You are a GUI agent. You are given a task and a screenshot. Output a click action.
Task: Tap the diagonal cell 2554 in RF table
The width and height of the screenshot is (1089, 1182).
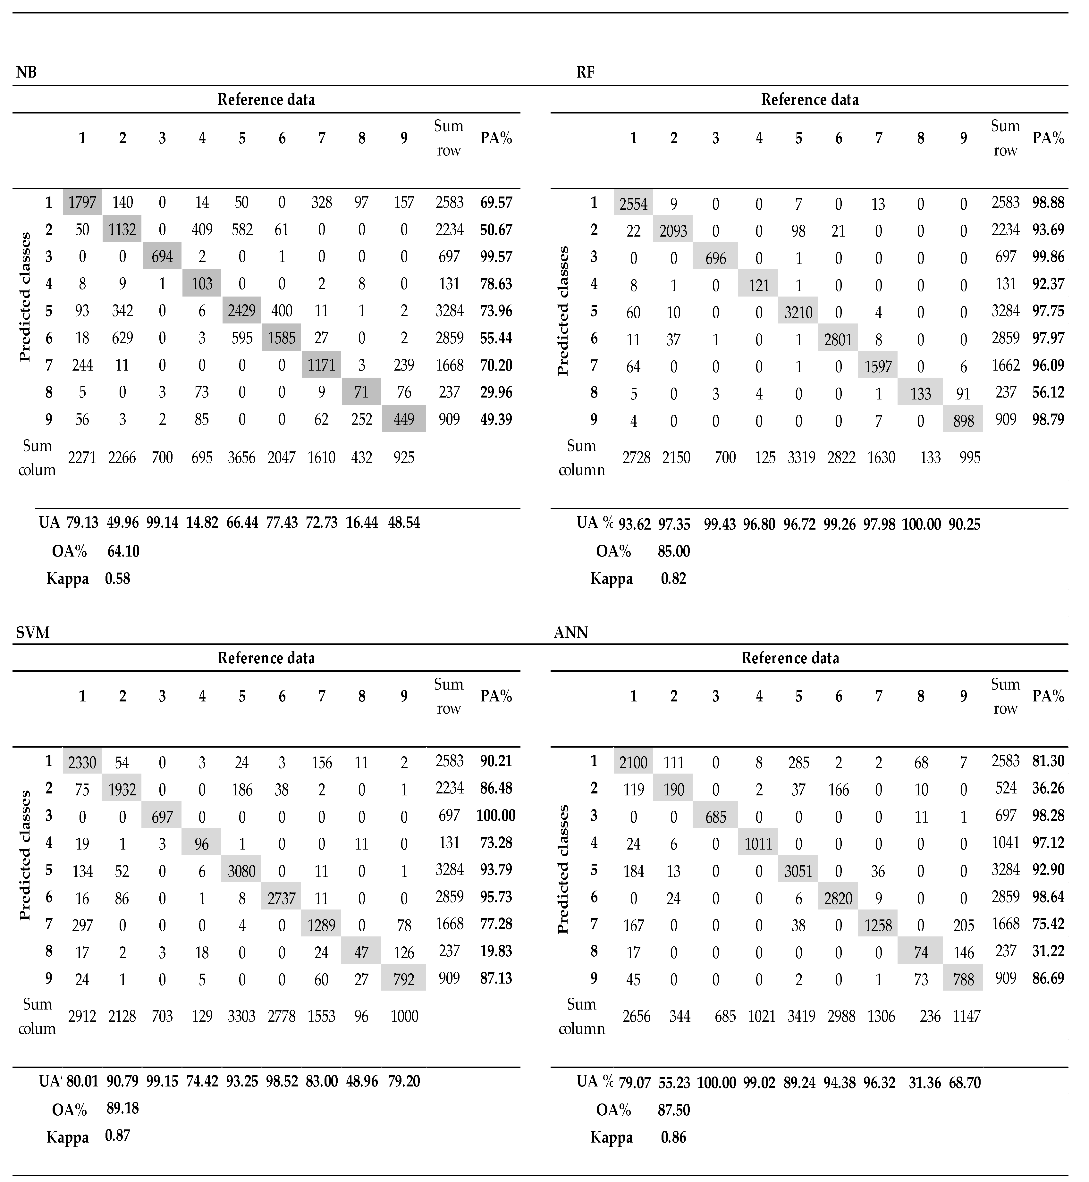point(633,204)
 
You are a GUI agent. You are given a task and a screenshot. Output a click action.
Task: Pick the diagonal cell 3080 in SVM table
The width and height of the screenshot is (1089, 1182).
point(241,871)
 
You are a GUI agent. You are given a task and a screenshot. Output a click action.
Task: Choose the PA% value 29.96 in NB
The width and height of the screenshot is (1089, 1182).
point(496,392)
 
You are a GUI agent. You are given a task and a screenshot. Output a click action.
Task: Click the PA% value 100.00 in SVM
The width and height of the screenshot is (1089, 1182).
point(496,816)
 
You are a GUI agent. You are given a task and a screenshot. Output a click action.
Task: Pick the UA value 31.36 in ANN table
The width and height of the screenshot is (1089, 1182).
point(924,1083)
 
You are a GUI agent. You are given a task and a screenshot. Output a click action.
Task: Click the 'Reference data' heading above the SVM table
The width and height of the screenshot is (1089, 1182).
point(266,658)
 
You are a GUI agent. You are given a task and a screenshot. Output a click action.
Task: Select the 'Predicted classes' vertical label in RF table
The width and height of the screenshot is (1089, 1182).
point(563,311)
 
